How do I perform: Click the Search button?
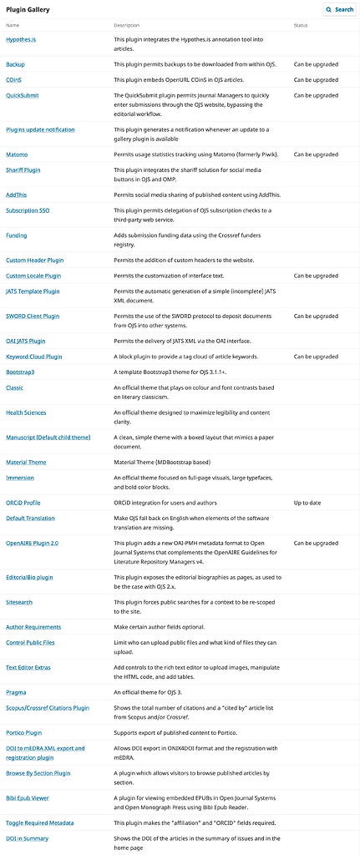(x=339, y=10)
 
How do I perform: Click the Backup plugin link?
(x=15, y=63)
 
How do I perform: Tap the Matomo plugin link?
(x=17, y=154)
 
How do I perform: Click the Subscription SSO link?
(x=28, y=210)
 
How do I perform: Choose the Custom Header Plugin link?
(x=34, y=260)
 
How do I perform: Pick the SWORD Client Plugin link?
(x=33, y=316)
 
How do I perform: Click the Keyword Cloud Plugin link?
(x=34, y=357)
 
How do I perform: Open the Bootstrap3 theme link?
(x=20, y=372)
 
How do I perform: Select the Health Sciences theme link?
(x=26, y=412)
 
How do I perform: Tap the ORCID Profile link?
(x=23, y=503)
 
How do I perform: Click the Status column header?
(x=301, y=26)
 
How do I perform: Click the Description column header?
(x=127, y=26)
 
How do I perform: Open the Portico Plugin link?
(x=24, y=732)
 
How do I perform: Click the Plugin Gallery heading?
(x=29, y=8)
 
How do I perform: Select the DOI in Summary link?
(x=27, y=837)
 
